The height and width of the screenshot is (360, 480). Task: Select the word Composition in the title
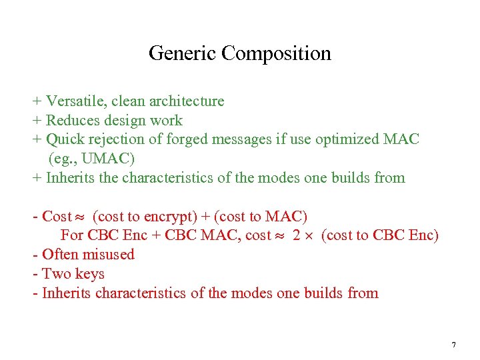276,53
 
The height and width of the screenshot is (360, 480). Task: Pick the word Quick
66,140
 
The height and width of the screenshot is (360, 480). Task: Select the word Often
58,255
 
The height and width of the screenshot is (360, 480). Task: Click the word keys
89,274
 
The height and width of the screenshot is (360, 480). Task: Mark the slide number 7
453,345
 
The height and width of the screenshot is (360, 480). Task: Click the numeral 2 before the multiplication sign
297,235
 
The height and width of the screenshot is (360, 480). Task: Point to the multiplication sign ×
311,236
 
